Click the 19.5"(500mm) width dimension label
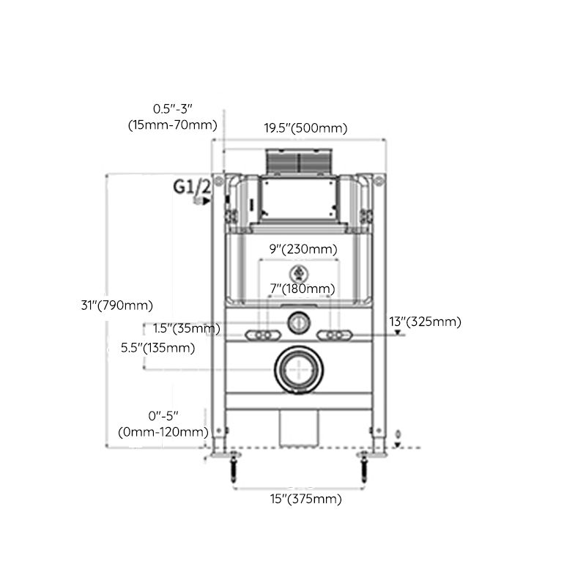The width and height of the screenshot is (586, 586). pos(305,128)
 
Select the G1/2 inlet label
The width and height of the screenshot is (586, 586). pos(192,186)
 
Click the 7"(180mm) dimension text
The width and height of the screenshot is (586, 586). pos(301,289)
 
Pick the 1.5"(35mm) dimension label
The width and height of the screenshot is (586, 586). pos(186,328)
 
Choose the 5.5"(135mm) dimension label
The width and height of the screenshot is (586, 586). pos(157,348)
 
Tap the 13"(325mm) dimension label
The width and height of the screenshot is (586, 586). pos(425,322)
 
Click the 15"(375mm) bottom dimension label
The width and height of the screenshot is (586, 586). pos(306,500)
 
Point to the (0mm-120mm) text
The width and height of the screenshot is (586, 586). pos(163,432)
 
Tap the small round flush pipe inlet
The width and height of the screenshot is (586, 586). pos(298,319)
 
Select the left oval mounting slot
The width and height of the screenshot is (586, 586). pos(263,334)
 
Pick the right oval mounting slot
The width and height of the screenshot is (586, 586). pos(333,334)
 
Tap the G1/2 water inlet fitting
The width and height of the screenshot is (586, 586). pos(196,200)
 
